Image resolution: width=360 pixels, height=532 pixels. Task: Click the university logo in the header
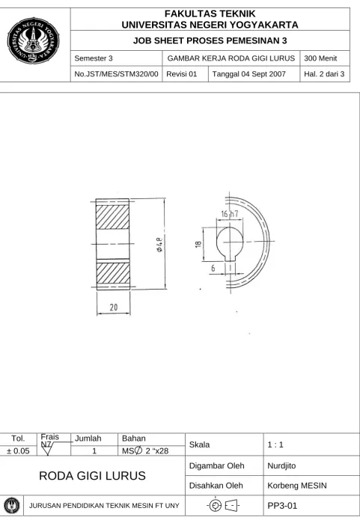coord(33,40)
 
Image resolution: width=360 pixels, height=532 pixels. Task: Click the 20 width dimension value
coord(114,308)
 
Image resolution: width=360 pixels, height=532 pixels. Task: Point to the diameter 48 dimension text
coord(159,245)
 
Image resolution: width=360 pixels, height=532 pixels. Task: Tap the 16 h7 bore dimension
coord(230,214)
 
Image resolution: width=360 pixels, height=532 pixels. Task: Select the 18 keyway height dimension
coord(198,244)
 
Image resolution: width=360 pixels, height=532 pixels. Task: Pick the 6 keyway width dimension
coord(213,269)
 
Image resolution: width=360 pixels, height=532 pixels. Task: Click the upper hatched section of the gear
coord(113,217)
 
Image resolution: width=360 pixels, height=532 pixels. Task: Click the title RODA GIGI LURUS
coord(92,476)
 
